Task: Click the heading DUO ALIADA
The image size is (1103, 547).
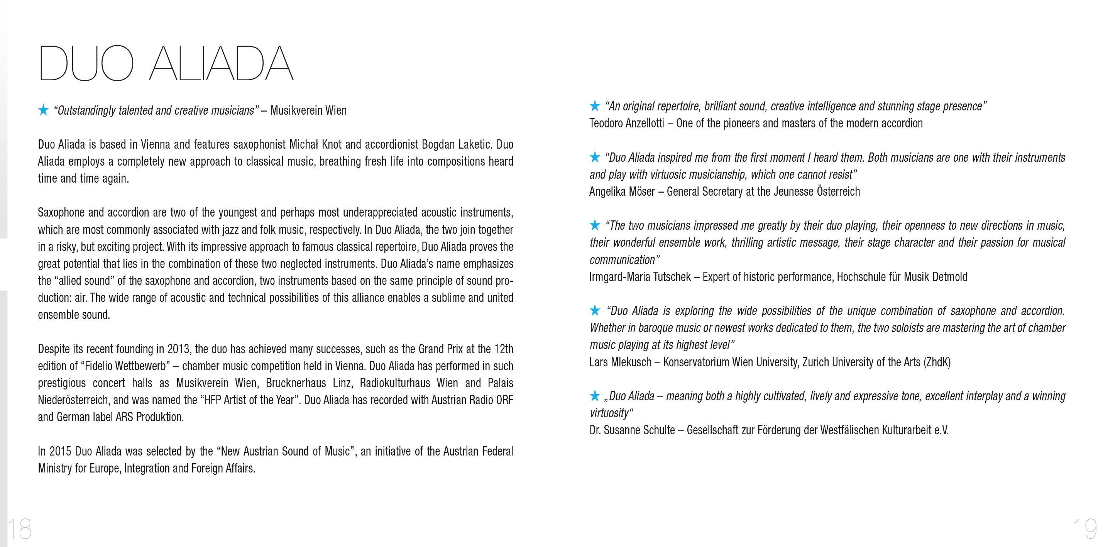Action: [166, 63]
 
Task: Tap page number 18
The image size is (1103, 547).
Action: [20, 528]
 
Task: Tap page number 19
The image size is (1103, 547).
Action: [1084, 528]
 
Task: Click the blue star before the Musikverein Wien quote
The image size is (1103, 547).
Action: [43, 110]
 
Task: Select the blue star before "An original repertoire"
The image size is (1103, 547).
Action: [595, 105]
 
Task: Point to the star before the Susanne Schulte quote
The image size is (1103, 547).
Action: [595, 395]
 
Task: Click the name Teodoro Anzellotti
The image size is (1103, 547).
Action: [626, 124]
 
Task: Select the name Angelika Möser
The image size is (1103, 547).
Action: [622, 191]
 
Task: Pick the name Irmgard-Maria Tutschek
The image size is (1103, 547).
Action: [640, 277]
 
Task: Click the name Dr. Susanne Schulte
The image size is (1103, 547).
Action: [632, 430]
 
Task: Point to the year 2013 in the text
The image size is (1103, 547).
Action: [178, 349]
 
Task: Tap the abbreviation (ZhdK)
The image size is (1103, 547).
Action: [937, 362]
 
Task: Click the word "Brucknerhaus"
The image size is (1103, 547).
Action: [296, 383]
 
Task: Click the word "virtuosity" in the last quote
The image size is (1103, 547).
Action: [610, 413]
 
